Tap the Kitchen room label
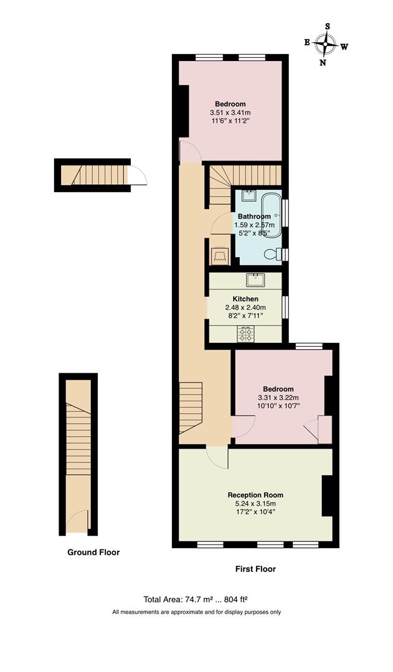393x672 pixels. pyautogui.click(x=245, y=299)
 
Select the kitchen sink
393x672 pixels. pyautogui.click(x=255, y=278)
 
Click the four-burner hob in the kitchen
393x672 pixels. pyautogui.click(x=245, y=335)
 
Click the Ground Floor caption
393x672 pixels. pyautogui.click(x=93, y=552)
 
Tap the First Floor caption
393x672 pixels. pyautogui.click(x=255, y=569)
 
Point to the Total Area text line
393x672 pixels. pyautogui.click(x=196, y=600)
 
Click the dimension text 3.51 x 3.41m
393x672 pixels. pyautogui.click(x=230, y=113)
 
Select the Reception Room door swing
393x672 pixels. pyautogui.click(x=218, y=458)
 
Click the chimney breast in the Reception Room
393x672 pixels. pyautogui.click(x=327, y=496)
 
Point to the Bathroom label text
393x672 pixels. pyautogui.click(x=254, y=217)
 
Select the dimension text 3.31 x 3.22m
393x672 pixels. pyautogui.click(x=278, y=398)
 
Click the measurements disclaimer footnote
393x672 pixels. pyautogui.click(x=196, y=612)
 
